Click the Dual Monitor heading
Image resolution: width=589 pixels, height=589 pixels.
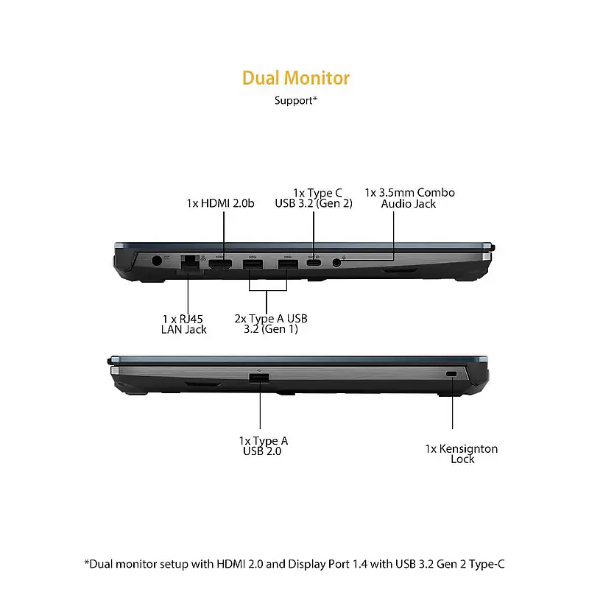(x=296, y=78)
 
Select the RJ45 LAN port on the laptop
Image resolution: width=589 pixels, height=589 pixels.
(x=190, y=262)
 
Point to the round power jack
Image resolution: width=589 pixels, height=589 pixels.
(x=156, y=261)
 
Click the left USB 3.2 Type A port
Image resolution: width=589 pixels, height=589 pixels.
(x=253, y=264)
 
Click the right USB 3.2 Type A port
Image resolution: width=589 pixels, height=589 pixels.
(x=288, y=264)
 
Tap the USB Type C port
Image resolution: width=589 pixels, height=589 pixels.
(x=314, y=262)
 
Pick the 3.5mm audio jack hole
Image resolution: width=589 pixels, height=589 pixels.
(x=337, y=262)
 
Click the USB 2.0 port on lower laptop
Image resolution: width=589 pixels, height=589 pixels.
(x=259, y=378)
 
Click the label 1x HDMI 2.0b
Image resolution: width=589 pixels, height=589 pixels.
(x=220, y=203)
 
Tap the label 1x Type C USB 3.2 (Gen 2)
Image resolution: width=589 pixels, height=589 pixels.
(x=314, y=198)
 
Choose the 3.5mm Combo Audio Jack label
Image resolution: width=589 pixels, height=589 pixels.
(x=409, y=198)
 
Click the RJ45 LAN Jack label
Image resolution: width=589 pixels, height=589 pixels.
(x=183, y=324)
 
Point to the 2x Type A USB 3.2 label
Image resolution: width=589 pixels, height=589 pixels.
(x=271, y=324)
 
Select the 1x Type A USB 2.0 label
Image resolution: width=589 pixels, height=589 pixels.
(x=264, y=446)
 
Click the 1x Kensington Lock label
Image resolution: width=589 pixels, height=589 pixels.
(x=462, y=454)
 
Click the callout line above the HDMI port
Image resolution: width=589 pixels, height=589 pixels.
(x=224, y=236)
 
